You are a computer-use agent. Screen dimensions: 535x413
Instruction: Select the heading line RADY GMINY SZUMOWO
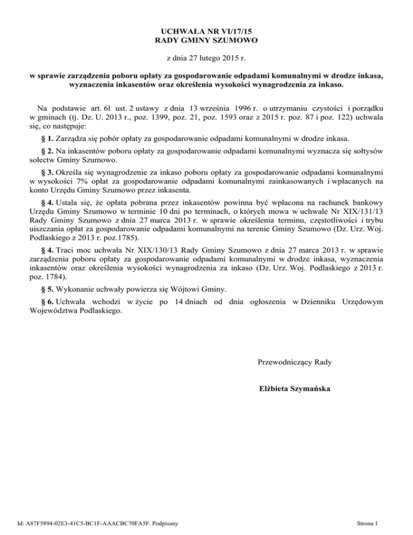tap(206, 40)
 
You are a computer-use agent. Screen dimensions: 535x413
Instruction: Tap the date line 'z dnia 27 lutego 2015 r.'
tap(206, 57)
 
